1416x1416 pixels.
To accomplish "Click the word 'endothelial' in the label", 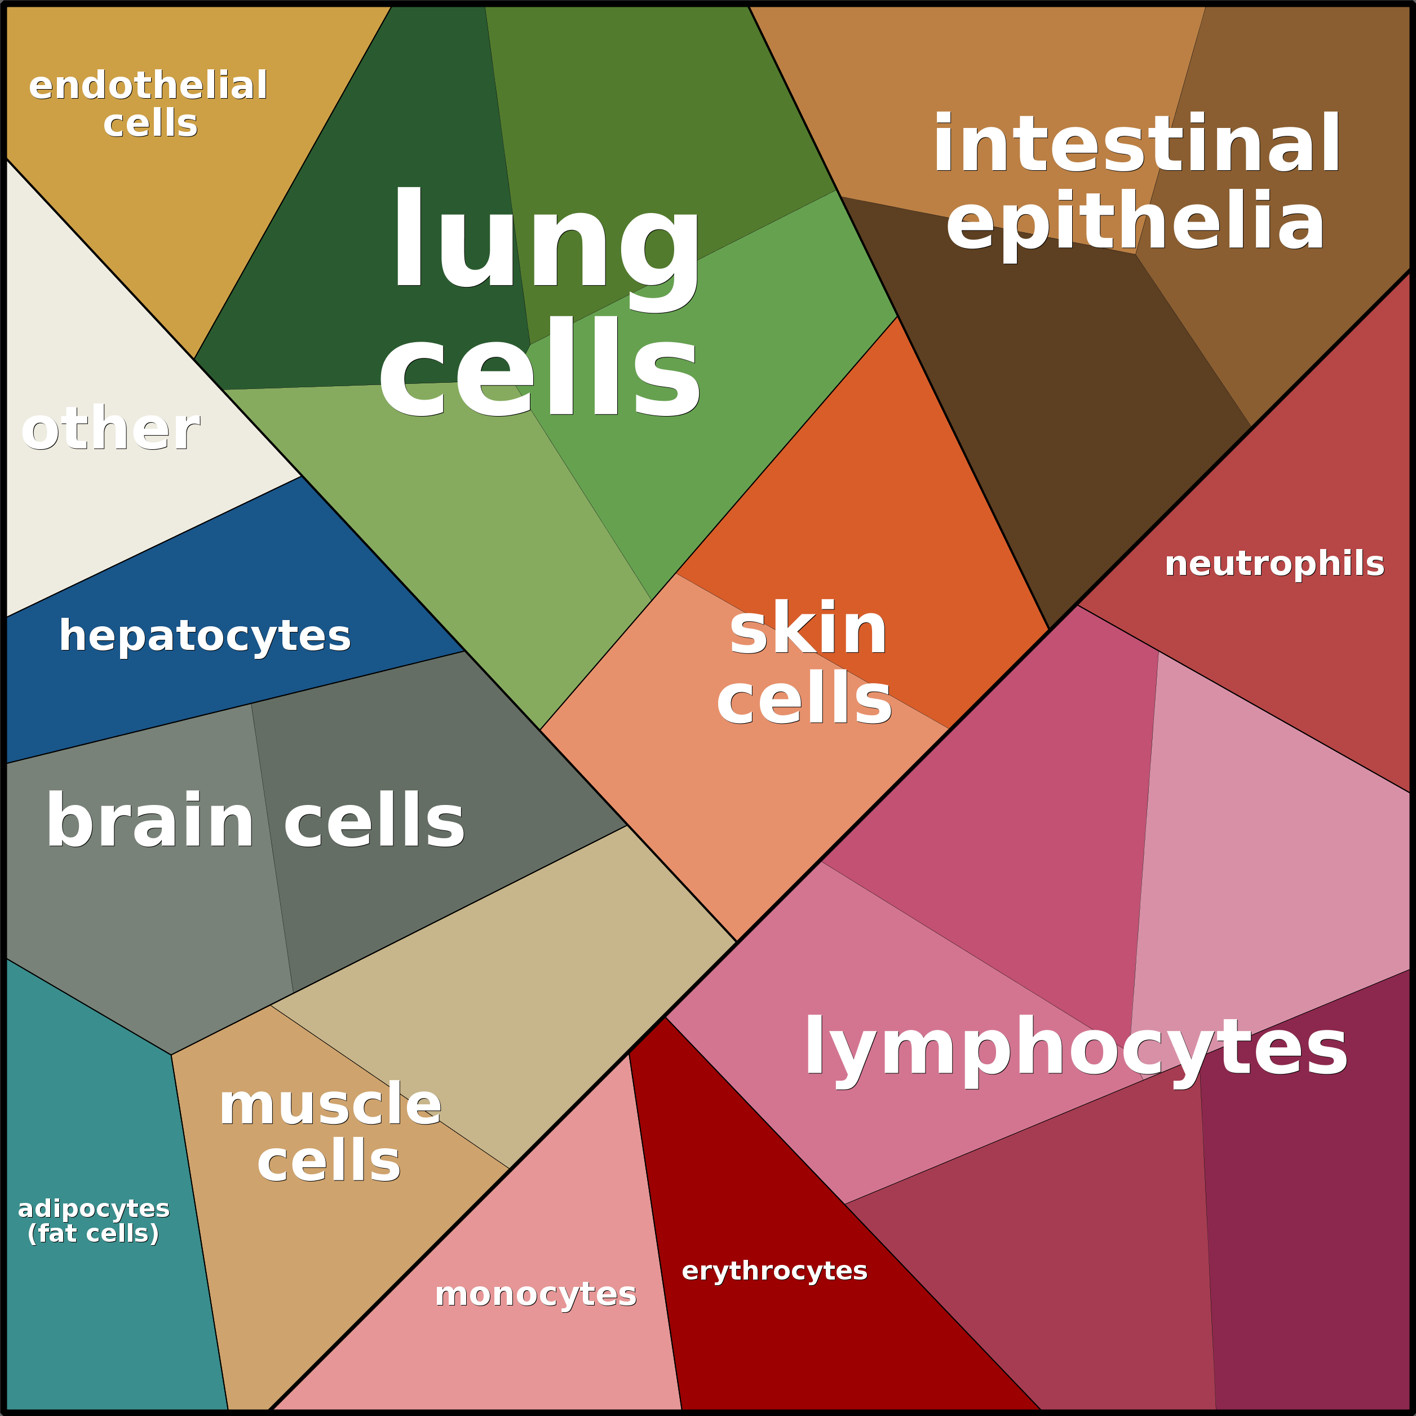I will click(148, 86).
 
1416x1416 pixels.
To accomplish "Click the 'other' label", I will click(110, 430).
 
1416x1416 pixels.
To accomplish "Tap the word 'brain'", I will click(151, 821).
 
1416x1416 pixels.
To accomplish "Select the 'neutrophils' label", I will click(1275, 564).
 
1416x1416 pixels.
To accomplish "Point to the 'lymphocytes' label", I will click(1076, 1048).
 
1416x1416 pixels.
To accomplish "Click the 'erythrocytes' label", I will click(774, 1270).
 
